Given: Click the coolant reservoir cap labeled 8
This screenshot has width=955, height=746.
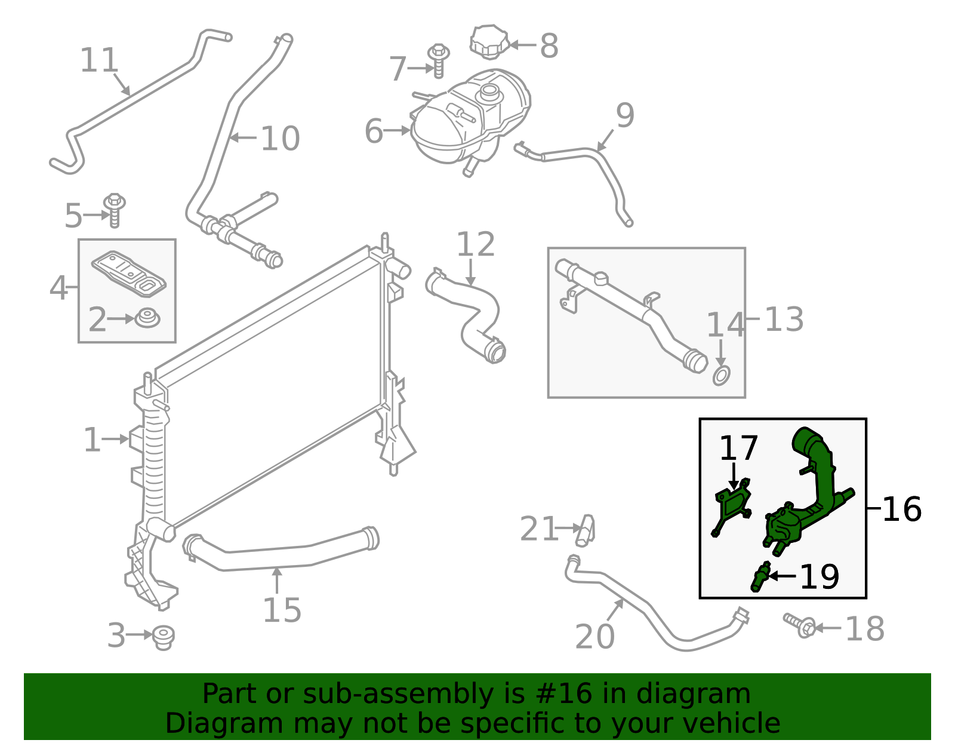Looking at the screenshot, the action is click(489, 42).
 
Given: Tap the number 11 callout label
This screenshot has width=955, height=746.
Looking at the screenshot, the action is click(99, 60).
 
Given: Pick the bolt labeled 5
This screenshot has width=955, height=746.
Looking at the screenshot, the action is click(114, 210).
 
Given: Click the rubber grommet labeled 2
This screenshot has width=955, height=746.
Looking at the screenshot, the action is click(147, 318).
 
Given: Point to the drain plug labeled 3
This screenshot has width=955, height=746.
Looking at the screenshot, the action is click(164, 637).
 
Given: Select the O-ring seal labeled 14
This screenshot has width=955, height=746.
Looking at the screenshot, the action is click(721, 376).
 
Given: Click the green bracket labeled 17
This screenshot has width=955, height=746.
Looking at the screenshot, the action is click(731, 506).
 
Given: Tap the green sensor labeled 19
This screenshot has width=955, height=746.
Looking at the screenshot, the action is click(760, 576).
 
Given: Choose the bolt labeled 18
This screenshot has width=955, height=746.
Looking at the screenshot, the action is click(799, 626).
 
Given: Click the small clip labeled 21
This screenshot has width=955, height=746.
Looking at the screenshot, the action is click(586, 530).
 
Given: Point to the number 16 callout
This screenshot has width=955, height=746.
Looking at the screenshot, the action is click(902, 509).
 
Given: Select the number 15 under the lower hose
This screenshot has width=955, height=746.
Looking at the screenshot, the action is click(282, 610).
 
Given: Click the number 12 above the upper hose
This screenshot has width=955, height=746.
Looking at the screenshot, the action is click(476, 244).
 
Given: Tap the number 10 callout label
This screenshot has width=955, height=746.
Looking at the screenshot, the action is click(281, 139).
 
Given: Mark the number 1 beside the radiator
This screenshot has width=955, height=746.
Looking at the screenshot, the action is click(93, 439).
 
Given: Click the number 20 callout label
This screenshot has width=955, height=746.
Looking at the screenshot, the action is click(594, 636).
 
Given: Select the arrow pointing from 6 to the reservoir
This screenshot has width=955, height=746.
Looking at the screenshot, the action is click(396, 131).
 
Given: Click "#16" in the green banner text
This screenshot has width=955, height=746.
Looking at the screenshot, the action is click(563, 693).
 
